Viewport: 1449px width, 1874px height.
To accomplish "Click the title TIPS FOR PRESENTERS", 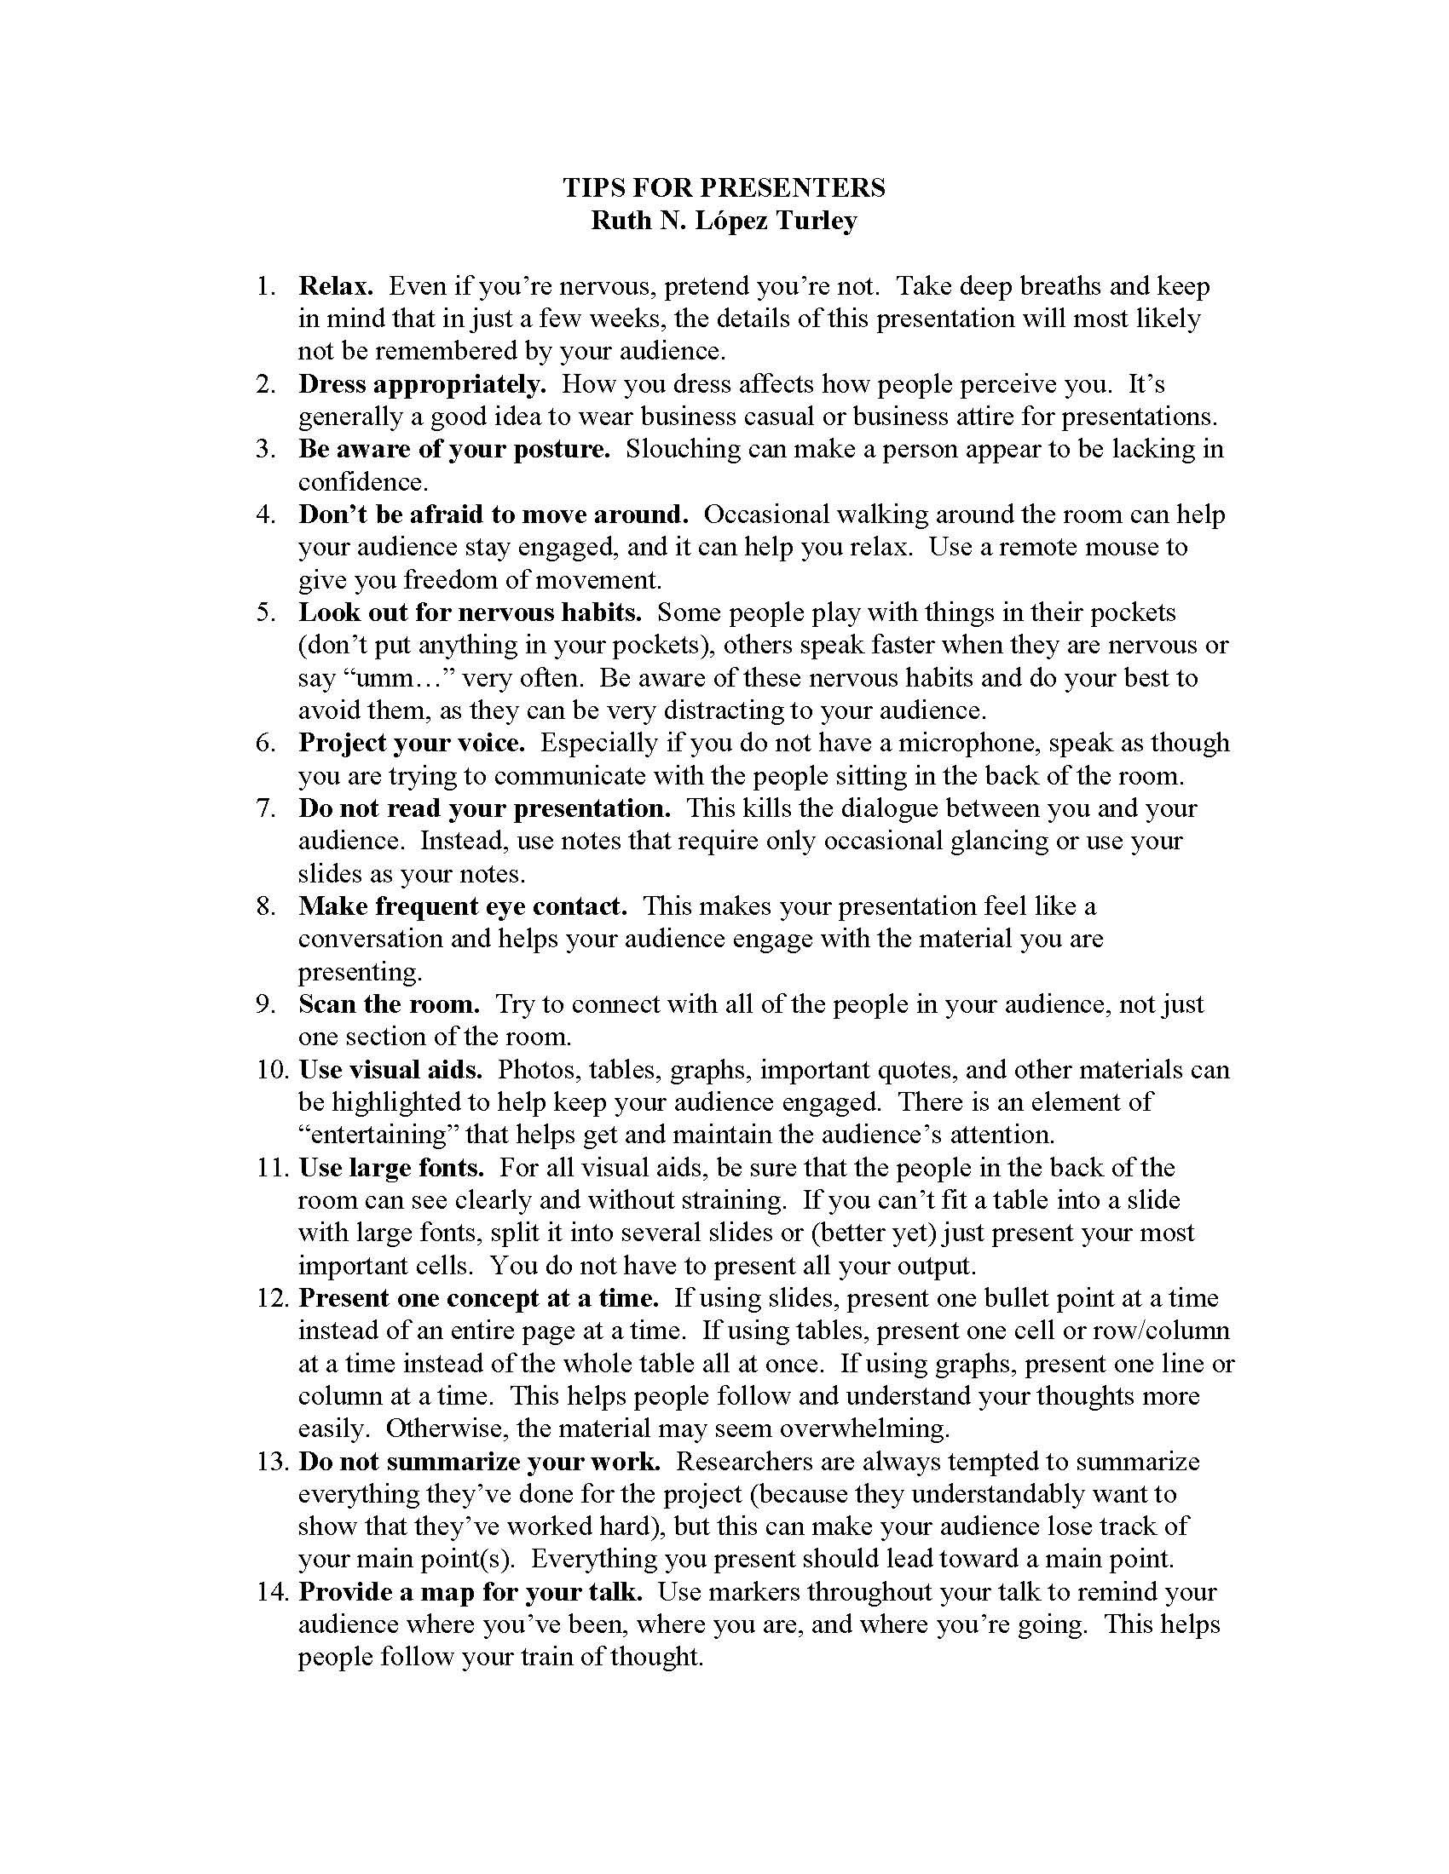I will point(724,188).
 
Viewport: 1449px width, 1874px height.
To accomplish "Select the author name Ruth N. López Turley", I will point(724,221).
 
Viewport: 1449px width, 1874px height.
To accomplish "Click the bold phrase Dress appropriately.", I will point(422,383).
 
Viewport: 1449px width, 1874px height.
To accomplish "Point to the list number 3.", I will point(265,449).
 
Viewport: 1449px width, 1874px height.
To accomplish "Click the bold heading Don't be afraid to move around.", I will point(494,514).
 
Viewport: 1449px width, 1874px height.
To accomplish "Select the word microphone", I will point(960,743).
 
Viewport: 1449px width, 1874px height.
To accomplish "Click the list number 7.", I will point(265,808).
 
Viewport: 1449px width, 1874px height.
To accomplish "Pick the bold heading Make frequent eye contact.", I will point(463,906).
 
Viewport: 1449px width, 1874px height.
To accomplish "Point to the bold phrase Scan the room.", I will point(389,1004).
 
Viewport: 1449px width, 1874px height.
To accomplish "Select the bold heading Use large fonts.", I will point(391,1168).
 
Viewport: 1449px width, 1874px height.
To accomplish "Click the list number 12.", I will point(270,1298).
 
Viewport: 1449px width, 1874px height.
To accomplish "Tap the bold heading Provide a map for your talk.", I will point(470,1592).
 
